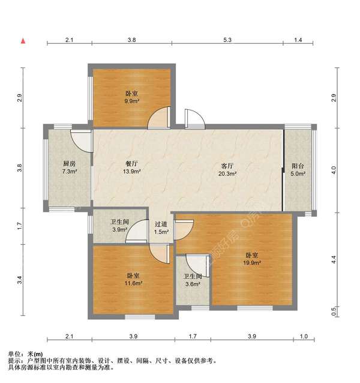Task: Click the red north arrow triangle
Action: click(23, 41)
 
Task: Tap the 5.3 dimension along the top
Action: click(227, 40)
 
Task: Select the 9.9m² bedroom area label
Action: click(132, 97)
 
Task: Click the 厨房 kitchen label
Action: click(70, 167)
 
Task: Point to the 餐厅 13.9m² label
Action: click(132, 167)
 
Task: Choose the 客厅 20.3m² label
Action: click(227, 170)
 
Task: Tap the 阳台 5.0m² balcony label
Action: click(298, 170)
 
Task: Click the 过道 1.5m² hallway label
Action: click(161, 228)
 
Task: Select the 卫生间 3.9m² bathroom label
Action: click(119, 226)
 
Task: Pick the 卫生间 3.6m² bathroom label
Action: click(193, 280)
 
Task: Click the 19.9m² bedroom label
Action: click(252, 259)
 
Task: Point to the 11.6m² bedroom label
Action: click(133, 279)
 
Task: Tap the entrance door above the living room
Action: click(195, 119)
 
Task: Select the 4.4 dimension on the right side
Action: click(334, 259)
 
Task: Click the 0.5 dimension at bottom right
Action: click(334, 311)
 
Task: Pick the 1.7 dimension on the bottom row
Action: click(193, 336)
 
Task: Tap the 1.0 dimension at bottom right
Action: click(304, 336)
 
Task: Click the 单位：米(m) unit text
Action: click(25, 354)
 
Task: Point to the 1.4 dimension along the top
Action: click(298, 40)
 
